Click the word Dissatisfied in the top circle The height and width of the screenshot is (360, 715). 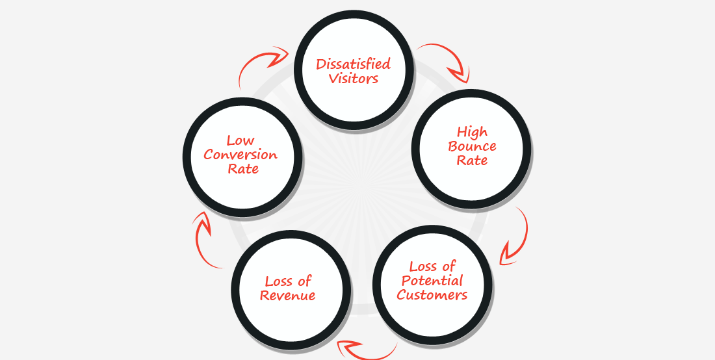pyautogui.click(x=353, y=64)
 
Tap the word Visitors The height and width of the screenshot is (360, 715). pyautogui.click(x=353, y=79)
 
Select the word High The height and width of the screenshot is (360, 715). pyautogui.click(x=472, y=132)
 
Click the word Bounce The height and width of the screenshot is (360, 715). pyautogui.click(x=472, y=146)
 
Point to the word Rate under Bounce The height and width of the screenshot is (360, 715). pyautogui.click(x=472, y=161)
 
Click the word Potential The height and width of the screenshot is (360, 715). pyautogui.click(x=432, y=281)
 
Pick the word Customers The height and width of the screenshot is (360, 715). pyautogui.click(x=432, y=295)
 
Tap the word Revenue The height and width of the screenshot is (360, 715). pyautogui.click(x=287, y=296)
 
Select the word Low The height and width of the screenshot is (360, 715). pyautogui.click(x=240, y=140)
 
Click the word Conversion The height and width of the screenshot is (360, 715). pyautogui.click(x=240, y=155)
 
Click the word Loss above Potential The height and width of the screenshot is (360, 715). pyautogui.click(x=423, y=266)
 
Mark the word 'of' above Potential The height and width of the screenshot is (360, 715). pyautogui.click(x=449, y=266)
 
